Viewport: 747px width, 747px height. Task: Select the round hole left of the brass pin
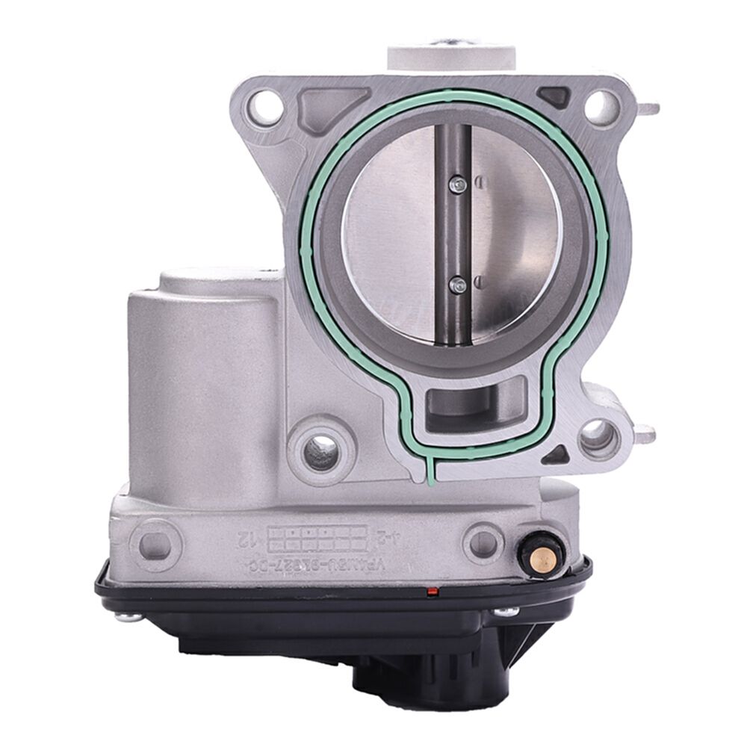[x=482, y=540]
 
